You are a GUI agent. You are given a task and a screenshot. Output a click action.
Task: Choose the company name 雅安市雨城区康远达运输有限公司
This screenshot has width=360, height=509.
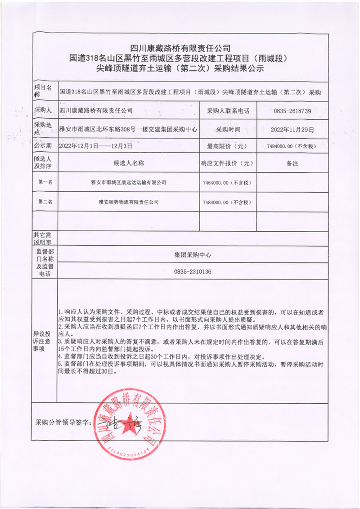pyautogui.click(x=129, y=183)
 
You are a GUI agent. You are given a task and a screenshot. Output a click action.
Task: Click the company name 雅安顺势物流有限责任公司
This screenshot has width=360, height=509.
pyautogui.click(x=129, y=203)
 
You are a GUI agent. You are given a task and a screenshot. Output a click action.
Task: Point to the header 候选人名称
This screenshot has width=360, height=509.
pyautogui.click(x=129, y=164)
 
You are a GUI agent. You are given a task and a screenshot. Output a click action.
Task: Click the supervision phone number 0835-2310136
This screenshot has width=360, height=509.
pyautogui.click(x=192, y=272)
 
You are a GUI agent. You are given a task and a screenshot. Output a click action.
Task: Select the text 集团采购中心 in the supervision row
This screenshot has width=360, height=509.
pyautogui.click(x=193, y=255)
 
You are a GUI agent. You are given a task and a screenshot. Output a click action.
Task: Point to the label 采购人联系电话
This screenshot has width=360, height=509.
pyautogui.click(x=228, y=110)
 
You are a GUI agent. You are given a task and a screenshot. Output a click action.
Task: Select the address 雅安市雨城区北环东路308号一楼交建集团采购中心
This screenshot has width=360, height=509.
pyautogui.click(x=129, y=129)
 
